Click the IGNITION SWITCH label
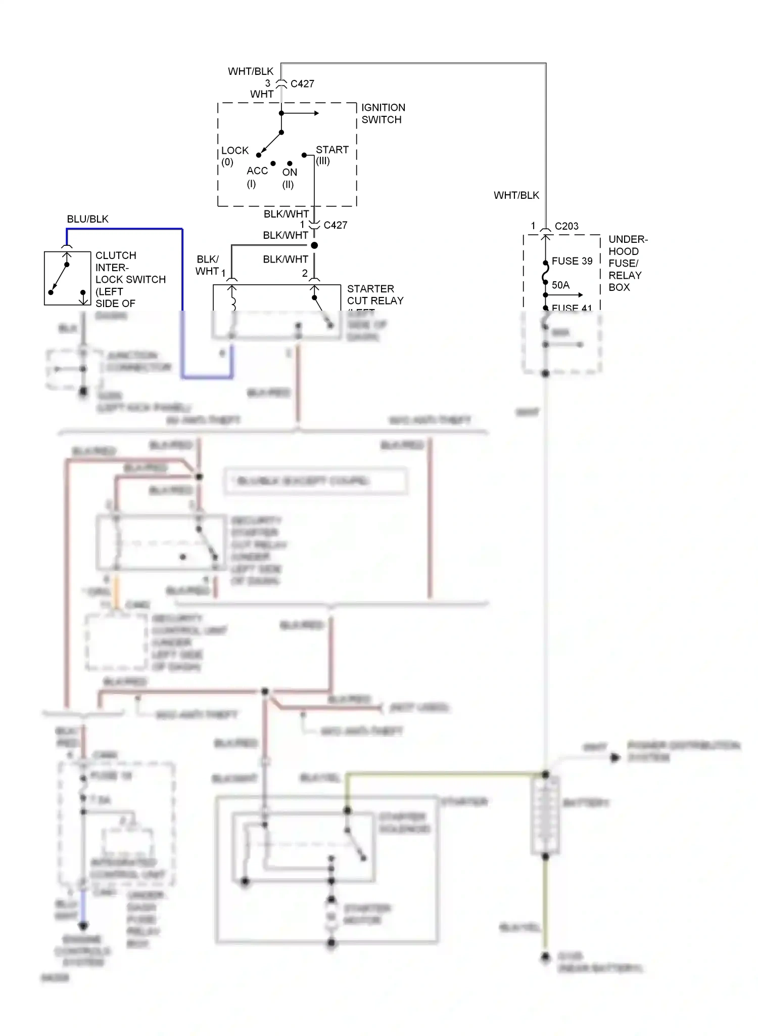coord(383,113)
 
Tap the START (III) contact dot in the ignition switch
coord(304,155)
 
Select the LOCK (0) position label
coord(234,156)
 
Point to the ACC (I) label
coord(256,177)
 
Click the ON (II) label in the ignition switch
coord(289,178)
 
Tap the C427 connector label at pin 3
coord(302,84)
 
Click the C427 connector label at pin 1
coord(335,225)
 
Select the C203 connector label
coord(566,226)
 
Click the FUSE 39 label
coord(572,261)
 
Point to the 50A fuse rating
coord(560,285)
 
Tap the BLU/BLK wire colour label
coord(87,219)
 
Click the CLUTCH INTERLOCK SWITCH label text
coord(130,279)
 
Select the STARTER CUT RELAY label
coord(375,294)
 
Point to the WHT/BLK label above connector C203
coord(516,195)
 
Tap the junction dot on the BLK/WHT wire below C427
coord(314,245)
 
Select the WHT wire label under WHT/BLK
coord(262,94)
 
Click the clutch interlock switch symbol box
coord(67,278)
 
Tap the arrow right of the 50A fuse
coord(580,295)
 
